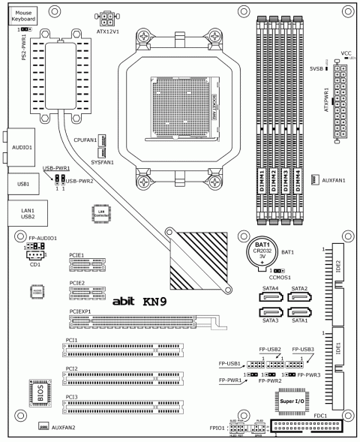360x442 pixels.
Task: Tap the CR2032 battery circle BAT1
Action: pyautogui.click(x=263, y=251)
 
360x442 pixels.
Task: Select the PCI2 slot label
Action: pyautogui.click(x=72, y=368)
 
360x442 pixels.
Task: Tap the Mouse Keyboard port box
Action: pyautogui.click(x=22, y=14)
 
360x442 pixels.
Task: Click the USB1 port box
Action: pyautogui.click(x=23, y=184)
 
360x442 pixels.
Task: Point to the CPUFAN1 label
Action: pyautogui.click(x=85, y=140)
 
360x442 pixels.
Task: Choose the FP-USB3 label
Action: pyautogui.click(x=303, y=350)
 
